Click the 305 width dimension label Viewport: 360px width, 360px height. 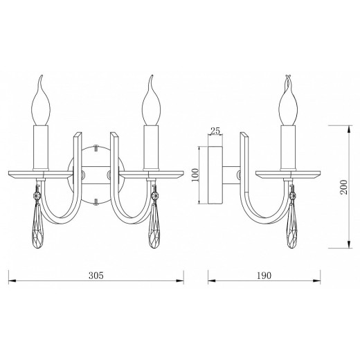pyautogui.click(x=96, y=276)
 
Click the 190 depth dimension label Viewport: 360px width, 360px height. pyautogui.click(x=264, y=276)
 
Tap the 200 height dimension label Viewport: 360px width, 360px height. pyautogui.click(x=344, y=187)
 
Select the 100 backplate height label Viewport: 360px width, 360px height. pyautogui.click(x=195, y=175)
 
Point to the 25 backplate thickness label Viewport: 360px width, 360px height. pyautogui.click(x=215, y=131)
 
